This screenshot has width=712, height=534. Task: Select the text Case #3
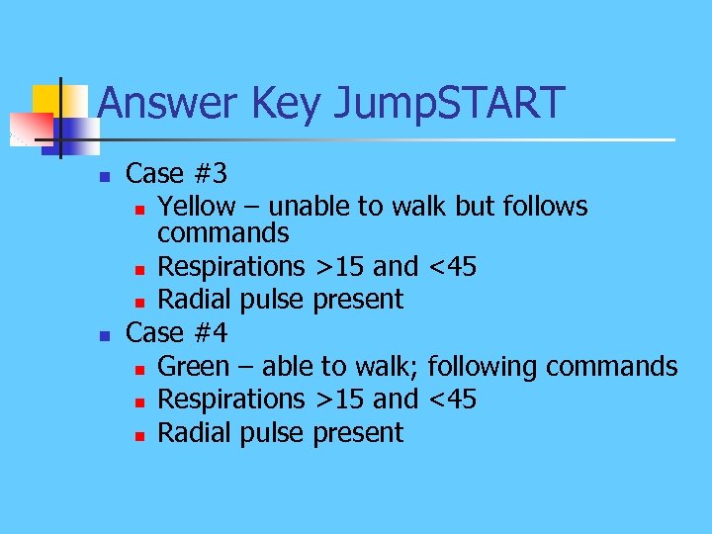(177, 174)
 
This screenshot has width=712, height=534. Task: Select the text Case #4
(177, 333)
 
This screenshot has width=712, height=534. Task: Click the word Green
(193, 367)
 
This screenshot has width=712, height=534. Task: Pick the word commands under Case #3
(223, 233)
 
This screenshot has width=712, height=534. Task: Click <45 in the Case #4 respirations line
(452, 400)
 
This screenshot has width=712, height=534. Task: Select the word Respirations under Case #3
(231, 267)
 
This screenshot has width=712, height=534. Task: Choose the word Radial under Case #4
(193, 433)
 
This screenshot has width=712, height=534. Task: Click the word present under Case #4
(358, 433)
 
